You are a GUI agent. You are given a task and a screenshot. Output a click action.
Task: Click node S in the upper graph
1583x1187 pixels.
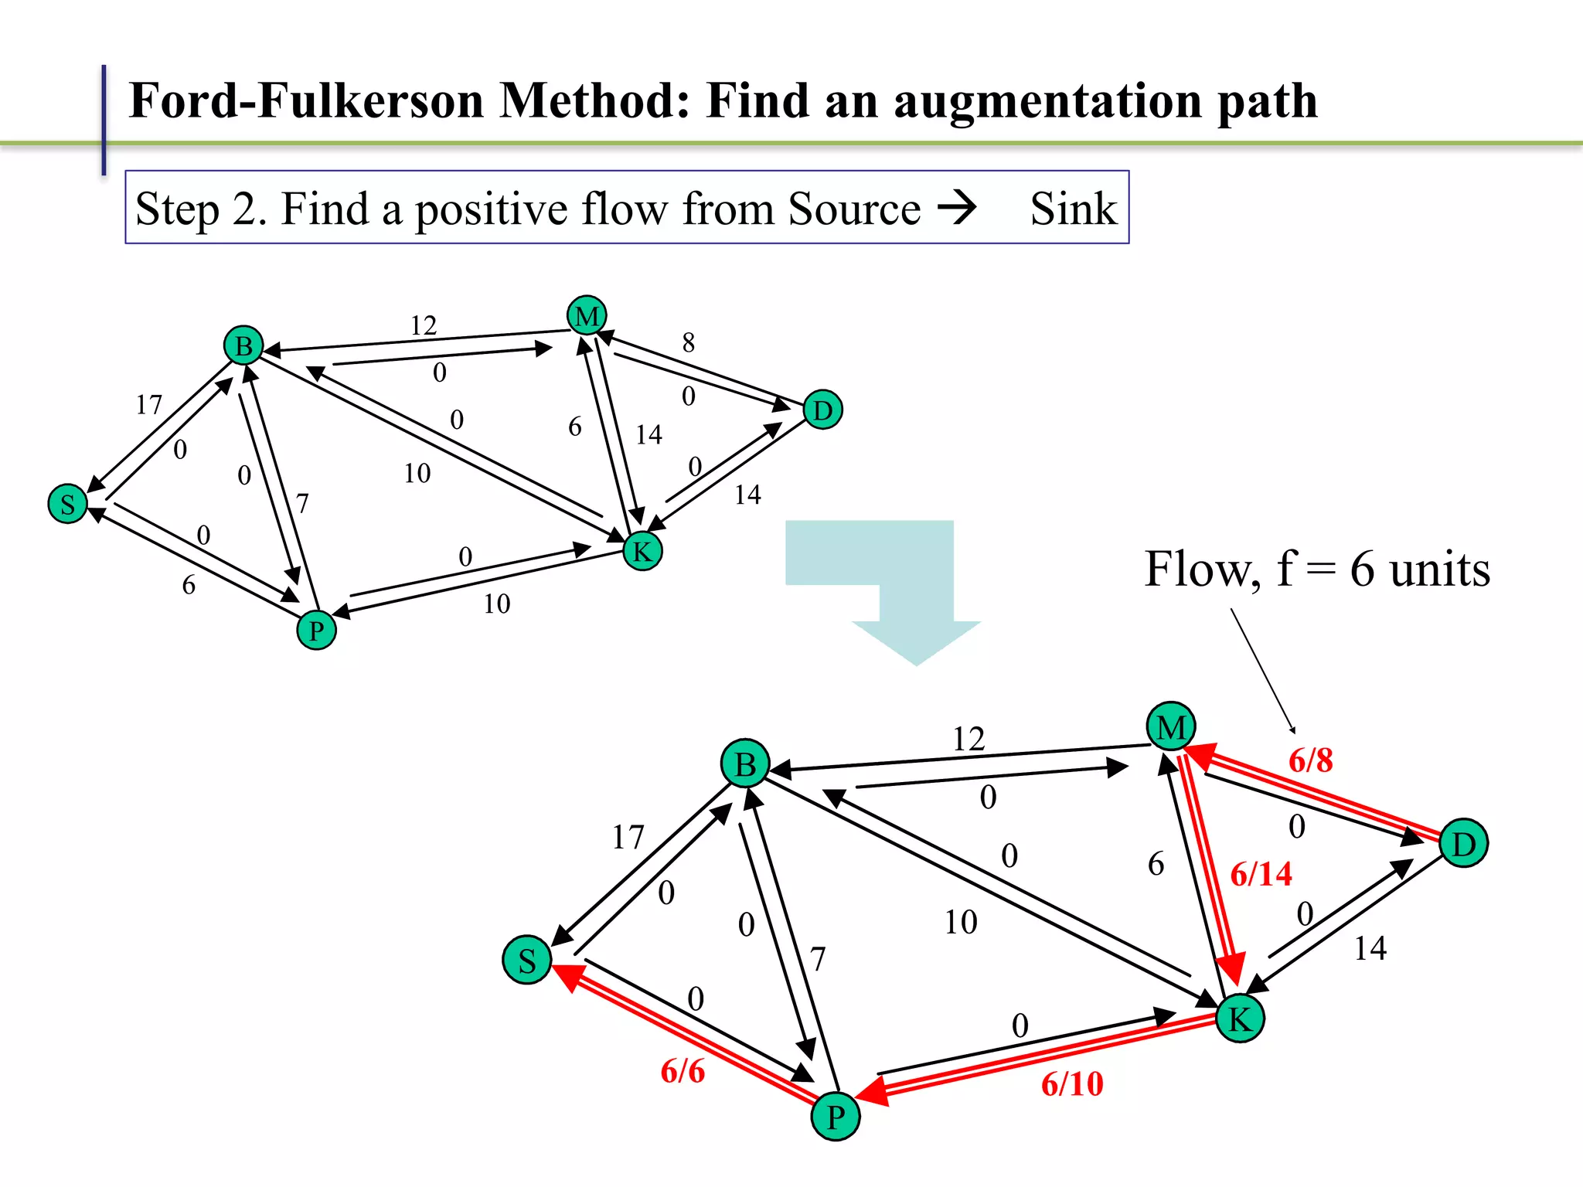(x=67, y=504)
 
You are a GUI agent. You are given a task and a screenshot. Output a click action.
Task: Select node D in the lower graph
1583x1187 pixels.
(x=1463, y=843)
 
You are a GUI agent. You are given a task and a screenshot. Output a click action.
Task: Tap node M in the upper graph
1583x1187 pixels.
(x=587, y=315)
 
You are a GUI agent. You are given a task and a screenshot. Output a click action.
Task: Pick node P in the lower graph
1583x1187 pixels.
(x=836, y=1117)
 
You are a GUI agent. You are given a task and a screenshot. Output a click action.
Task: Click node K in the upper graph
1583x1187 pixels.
(x=642, y=551)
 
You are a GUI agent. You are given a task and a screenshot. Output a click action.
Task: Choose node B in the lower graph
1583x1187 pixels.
(x=745, y=764)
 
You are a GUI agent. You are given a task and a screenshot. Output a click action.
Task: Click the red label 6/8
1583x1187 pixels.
(x=1310, y=760)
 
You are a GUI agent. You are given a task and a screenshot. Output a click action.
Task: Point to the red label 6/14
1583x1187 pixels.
(x=1261, y=874)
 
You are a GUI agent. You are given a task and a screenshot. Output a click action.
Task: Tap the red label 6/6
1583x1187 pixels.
(x=683, y=1071)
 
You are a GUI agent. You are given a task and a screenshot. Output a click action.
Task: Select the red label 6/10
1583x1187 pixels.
(x=1071, y=1084)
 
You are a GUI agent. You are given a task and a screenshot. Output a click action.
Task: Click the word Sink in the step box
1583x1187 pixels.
(x=1073, y=209)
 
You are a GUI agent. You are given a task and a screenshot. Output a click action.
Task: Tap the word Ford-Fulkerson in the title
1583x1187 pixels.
(x=306, y=100)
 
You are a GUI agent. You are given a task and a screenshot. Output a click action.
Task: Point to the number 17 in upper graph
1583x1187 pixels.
(x=148, y=404)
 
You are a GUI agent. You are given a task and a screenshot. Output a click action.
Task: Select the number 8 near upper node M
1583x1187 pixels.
(x=688, y=342)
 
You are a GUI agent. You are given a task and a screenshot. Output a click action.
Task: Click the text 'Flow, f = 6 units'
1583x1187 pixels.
(x=1316, y=570)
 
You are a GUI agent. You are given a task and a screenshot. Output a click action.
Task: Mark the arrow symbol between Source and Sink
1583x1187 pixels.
(x=957, y=207)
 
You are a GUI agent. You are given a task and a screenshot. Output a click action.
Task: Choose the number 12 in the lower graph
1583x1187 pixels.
(x=969, y=739)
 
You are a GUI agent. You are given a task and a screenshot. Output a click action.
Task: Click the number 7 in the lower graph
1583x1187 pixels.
(x=818, y=959)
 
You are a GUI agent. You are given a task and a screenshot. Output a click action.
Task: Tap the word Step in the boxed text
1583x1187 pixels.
(x=177, y=209)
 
